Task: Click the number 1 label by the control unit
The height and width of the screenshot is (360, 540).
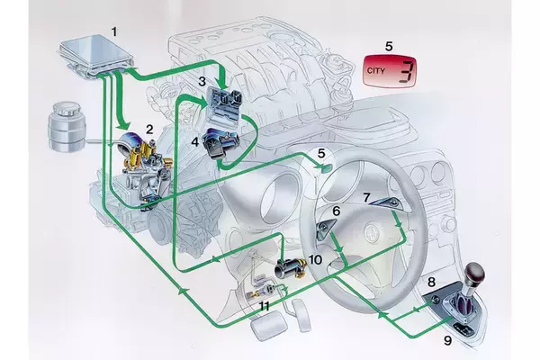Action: [x=113, y=31]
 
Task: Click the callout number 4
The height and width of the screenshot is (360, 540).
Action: [x=193, y=141]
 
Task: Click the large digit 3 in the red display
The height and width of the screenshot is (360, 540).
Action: [x=407, y=72]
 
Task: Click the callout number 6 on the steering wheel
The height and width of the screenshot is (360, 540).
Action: [x=336, y=211]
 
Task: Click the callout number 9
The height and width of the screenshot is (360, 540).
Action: [x=447, y=340]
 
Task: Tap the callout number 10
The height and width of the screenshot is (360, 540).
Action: [x=314, y=259]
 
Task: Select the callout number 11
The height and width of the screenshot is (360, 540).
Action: [x=265, y=306]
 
